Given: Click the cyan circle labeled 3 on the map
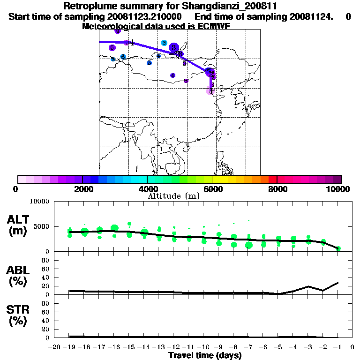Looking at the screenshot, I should click(x=164, y=43).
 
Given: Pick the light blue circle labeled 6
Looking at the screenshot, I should click(x=123, y=57).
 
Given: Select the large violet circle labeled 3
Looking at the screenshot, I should click(x=174, y=47).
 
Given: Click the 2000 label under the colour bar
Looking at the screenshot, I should click(x=82, y=189).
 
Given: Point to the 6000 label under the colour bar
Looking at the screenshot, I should click(x=212, y=189).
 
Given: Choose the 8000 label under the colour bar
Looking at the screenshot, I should click(x=277, y=189).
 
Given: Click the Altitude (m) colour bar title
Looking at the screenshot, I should click(x=173, y=196).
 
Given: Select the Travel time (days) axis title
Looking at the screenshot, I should click(x=205, y=355).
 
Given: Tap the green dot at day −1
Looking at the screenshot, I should click(x=338, y=248).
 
